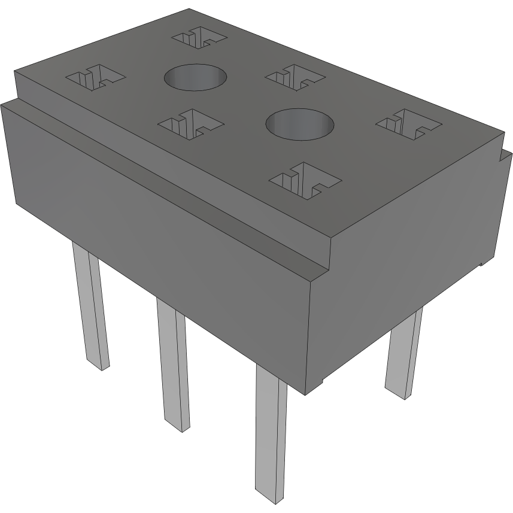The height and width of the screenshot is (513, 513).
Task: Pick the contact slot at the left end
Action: tap(95, 77)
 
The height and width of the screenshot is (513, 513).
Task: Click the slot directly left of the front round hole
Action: tap(190, 124)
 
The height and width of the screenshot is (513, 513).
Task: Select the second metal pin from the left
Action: tap(172, 365)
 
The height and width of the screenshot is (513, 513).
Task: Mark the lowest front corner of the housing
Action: tap(306, 394)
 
